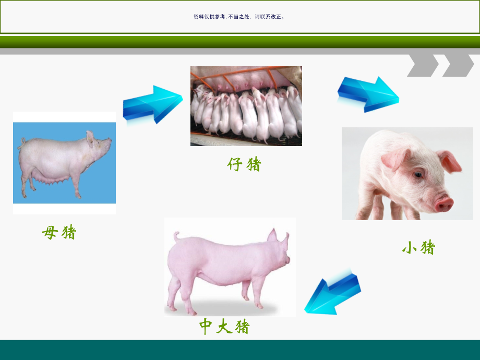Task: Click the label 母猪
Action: [x=59, y=232]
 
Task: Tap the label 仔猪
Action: [x=244, y=164]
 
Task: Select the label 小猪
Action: [x=418, y=247]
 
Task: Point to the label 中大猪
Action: [x=224, y=327]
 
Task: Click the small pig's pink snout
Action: [x=444, y=202]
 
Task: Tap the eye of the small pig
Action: [x=418, y=175]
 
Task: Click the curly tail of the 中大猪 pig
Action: [x=176, y=237]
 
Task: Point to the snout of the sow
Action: [x=109, y=140]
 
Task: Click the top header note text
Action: [x=239, y=17]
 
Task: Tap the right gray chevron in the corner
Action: [x=458, y=65]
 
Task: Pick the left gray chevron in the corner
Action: [x=423, y=65]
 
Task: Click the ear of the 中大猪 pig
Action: [x=272, y=235]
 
